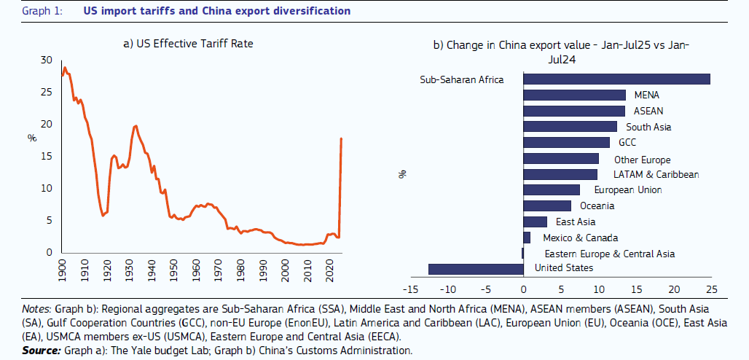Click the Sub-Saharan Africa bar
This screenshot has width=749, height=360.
click(616, 79)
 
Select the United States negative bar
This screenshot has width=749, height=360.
click(476, 269)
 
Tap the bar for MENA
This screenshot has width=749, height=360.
click(574, 95)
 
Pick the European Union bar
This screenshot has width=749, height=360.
click(552, 190)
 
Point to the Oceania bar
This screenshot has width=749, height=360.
click(547, 206)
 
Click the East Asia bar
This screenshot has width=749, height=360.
click(535, 222)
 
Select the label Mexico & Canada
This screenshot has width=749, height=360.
click(580, 238)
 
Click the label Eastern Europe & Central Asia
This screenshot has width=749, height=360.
click(609, 254)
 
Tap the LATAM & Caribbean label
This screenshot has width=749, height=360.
click(656, 174)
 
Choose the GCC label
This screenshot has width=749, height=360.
click(627, 142)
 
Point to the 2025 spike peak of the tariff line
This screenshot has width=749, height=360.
click(342, 138)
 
